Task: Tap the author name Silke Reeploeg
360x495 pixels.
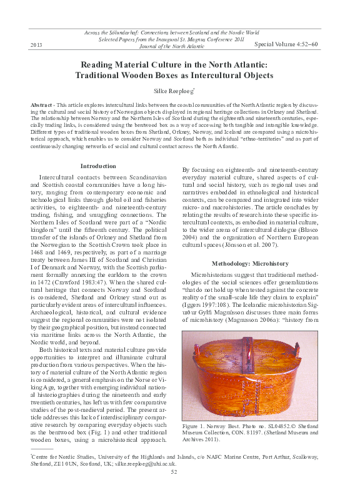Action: (179, 92)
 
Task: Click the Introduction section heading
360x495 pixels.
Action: (98, 166)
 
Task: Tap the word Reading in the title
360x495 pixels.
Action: (101, 64)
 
